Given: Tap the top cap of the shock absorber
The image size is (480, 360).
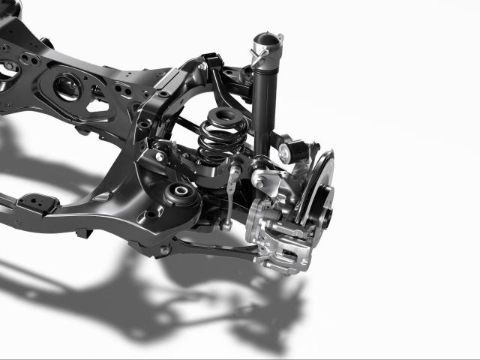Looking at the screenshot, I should coord(266,38).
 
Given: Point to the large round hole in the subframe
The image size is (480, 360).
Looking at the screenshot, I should coord(67,86).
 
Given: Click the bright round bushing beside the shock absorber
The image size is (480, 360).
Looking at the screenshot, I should coord(286,153).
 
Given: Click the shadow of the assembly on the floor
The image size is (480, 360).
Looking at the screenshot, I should coord(187,300).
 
